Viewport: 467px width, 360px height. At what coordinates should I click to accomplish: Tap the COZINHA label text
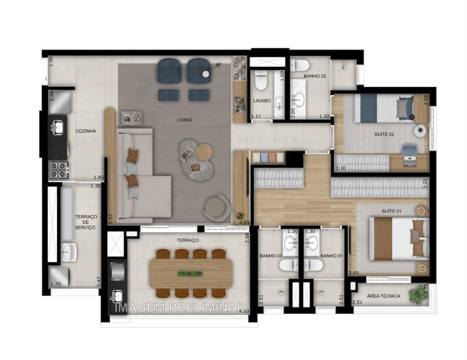[85, 131]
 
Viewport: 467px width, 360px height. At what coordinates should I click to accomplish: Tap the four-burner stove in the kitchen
[58, 170]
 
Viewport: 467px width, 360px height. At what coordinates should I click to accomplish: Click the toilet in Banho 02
[300, 65]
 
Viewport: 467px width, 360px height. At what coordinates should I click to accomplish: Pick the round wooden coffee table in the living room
[204, 152]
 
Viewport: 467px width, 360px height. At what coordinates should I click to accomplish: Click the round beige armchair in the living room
[217, 208]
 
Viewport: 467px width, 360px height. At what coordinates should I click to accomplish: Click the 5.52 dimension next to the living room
[111, 218]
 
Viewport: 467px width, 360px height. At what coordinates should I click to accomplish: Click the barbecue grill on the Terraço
[117, 272]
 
